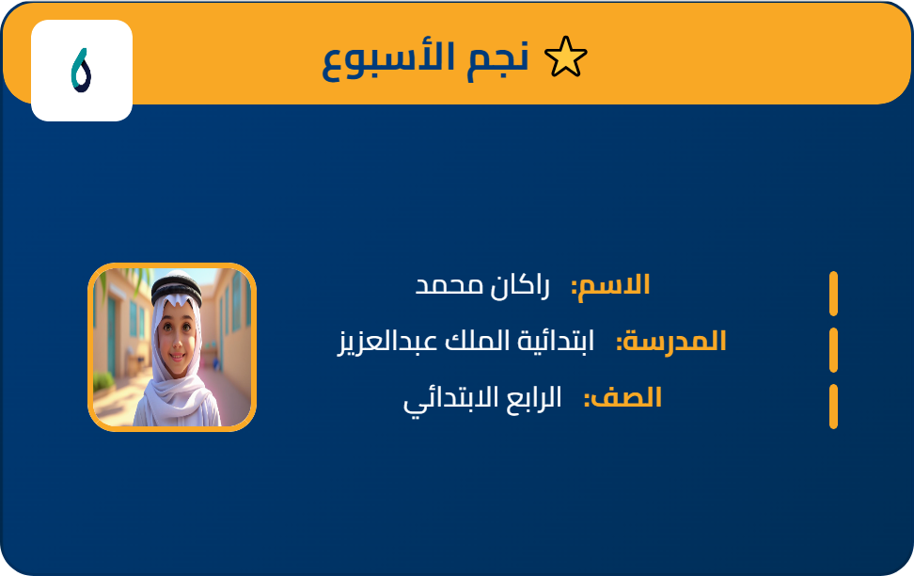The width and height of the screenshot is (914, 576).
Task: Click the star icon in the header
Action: (566, 58)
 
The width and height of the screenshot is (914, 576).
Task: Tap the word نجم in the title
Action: (497, 58)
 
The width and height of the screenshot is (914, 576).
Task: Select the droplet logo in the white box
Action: (81, 71)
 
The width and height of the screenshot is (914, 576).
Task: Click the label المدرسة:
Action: (670, 341)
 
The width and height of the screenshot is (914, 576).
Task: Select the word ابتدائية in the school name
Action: (559, 341)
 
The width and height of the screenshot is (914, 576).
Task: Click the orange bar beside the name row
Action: (833, 294)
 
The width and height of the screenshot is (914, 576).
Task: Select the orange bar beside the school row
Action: (833, 350)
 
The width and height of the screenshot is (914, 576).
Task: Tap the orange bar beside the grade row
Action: (833, 407)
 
